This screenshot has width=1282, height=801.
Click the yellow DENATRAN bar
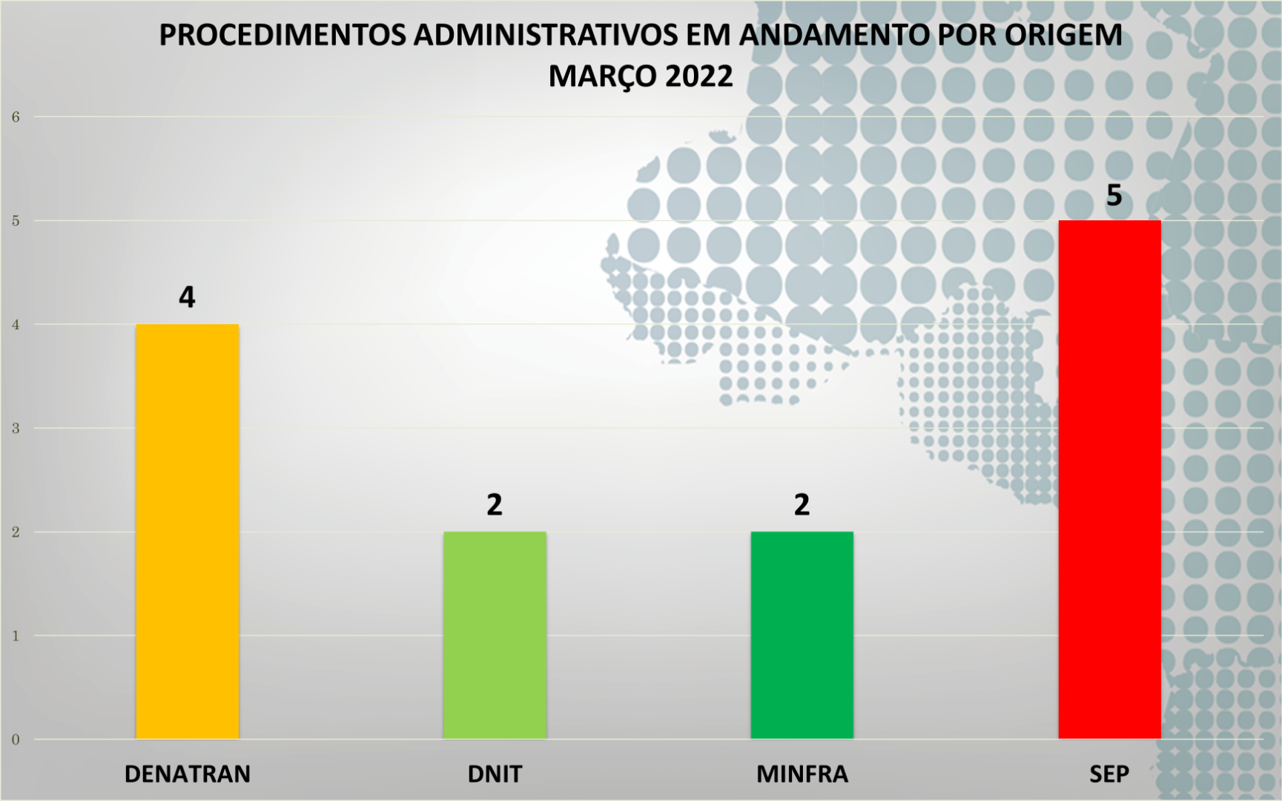[187, 531]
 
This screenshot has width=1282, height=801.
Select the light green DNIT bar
[495, 635]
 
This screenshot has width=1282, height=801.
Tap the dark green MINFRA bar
[802, 635]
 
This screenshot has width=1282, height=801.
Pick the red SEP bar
[1109, 479]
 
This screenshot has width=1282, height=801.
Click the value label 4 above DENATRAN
[187, 297]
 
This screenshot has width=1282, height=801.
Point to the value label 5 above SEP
[1114, 195]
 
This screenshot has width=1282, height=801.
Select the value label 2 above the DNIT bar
[495, 505]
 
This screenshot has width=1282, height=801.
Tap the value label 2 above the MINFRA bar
[802, 505]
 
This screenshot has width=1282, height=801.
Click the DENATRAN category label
[187, 774]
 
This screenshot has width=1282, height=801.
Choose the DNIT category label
[495, 774]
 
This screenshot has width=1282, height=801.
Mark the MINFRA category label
[802, 774]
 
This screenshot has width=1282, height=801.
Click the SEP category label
[1109, 774]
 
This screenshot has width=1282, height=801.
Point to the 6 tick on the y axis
[16, 117]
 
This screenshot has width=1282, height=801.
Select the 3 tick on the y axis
[16, 429]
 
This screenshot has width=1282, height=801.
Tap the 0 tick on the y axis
[16, 739]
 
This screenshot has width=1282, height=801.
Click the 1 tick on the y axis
[16, 636]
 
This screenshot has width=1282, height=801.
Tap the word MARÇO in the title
[602, 76]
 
